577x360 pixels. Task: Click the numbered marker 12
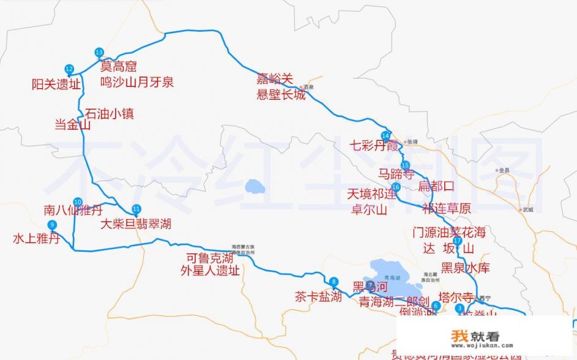click(x=69, y=69)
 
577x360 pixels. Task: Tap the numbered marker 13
click(x=99, y=52)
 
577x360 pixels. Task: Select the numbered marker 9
click(x=53, y=225)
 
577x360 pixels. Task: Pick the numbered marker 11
click(x=136, y=208)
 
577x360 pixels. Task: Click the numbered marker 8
click(x=333, y=282)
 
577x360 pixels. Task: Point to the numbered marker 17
click(x=457, y=241)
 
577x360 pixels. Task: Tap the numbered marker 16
click(x=395, y=187)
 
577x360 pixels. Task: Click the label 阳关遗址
click(x=56, y=85)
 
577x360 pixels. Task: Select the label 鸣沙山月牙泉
click(x=136, y=81)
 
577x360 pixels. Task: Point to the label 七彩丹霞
click(x=374, y=146)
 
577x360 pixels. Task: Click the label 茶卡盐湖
click(x=318, y=298)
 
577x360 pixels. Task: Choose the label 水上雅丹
click(x=36, y=239)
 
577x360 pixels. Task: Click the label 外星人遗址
click(x=210, y=271)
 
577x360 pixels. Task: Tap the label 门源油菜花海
click(x=449, y=233)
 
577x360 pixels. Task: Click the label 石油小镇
click(x=109, y=113)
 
